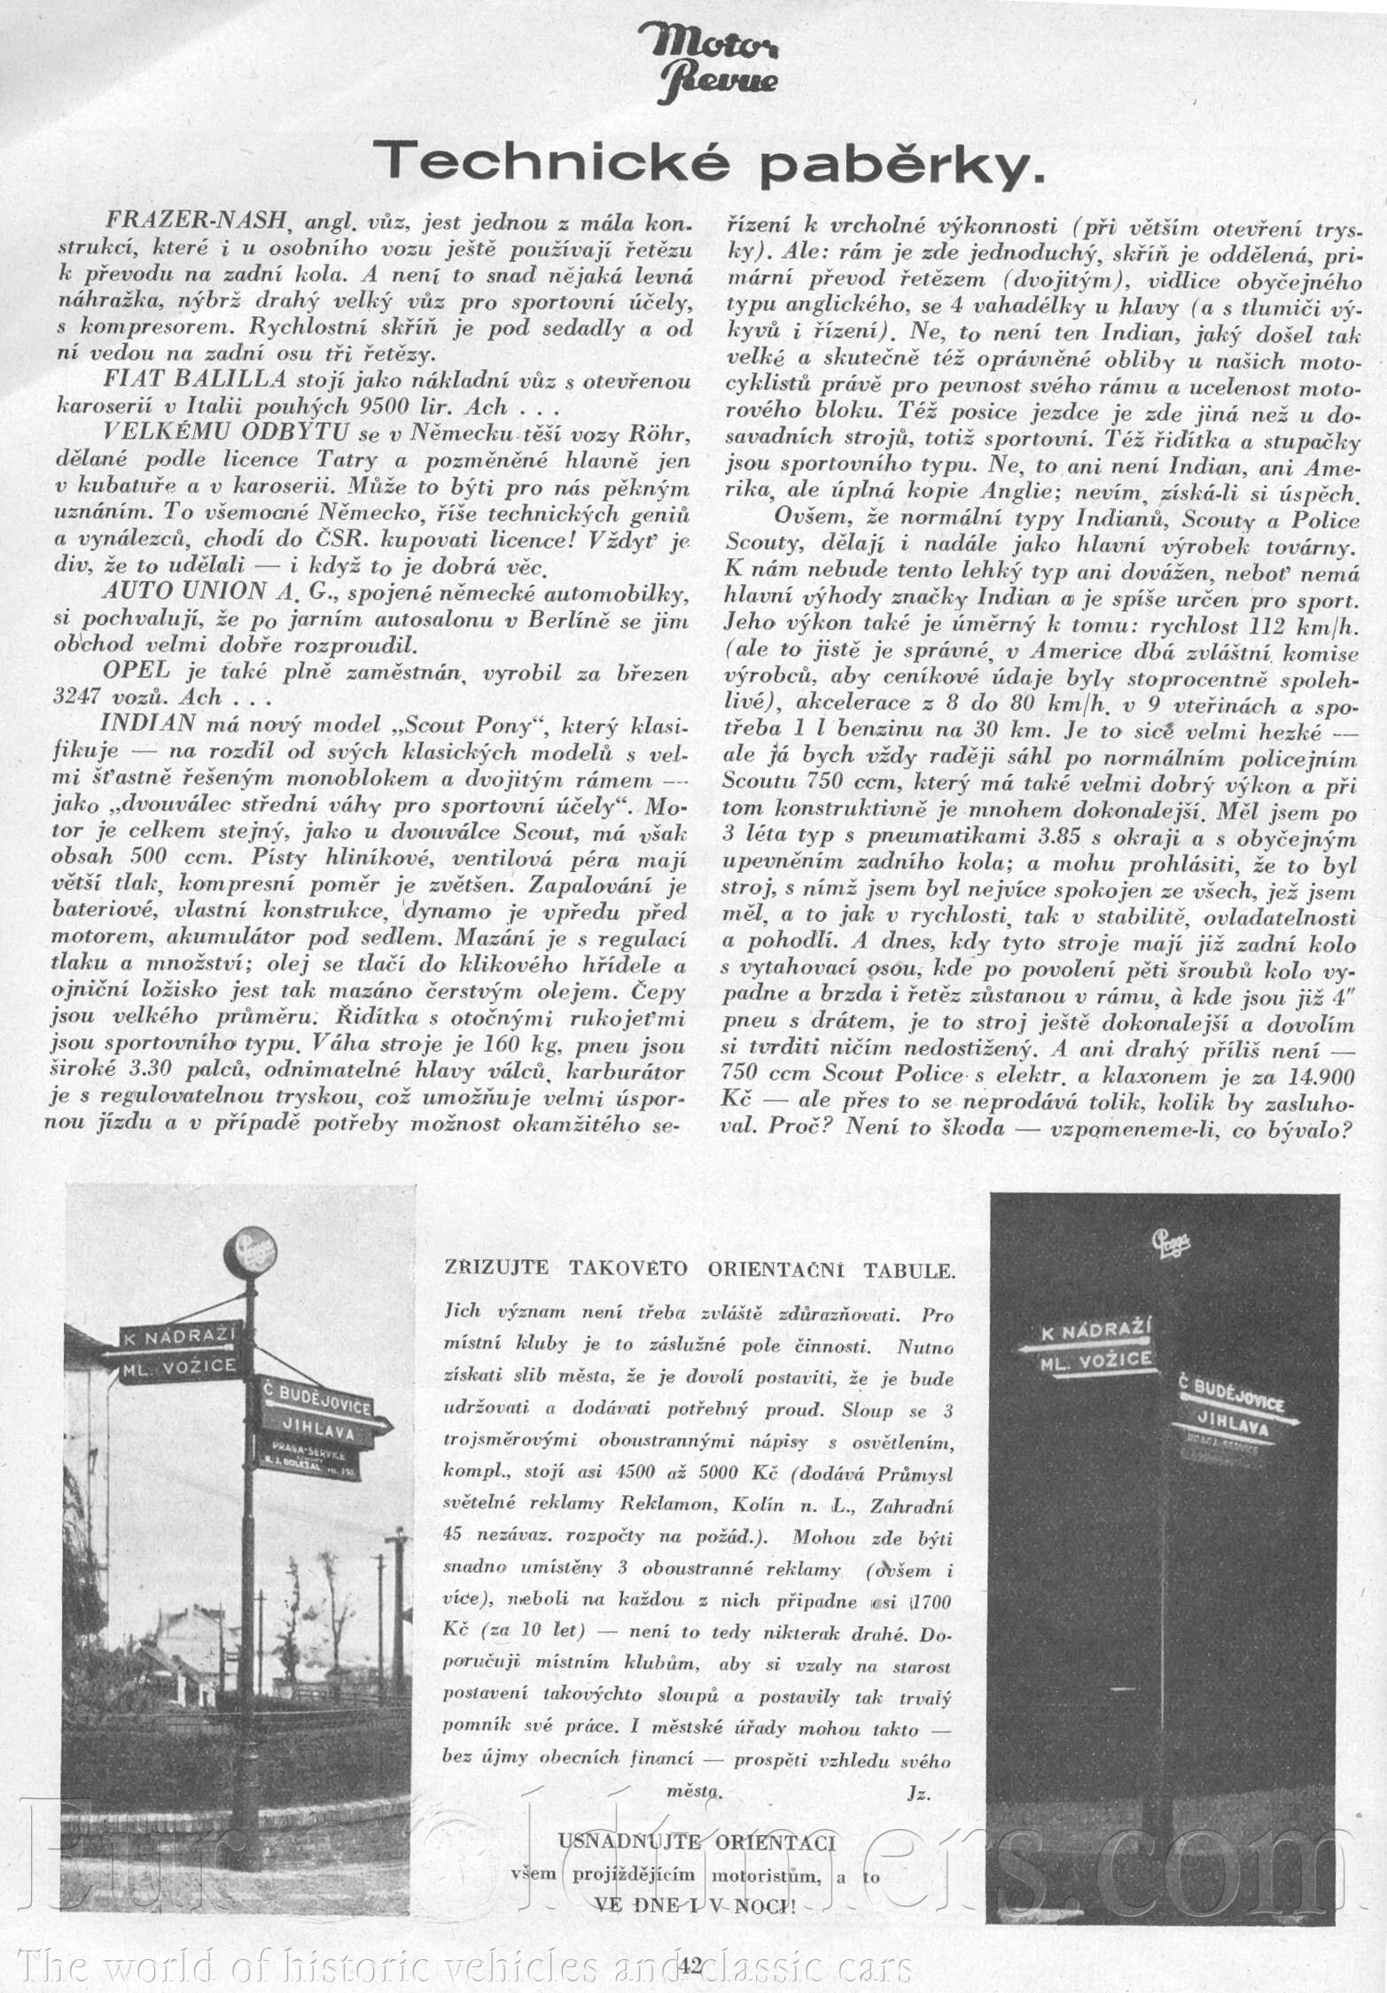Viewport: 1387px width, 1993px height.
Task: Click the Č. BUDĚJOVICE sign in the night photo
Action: pyautogui.click(x=1232, y=1397)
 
